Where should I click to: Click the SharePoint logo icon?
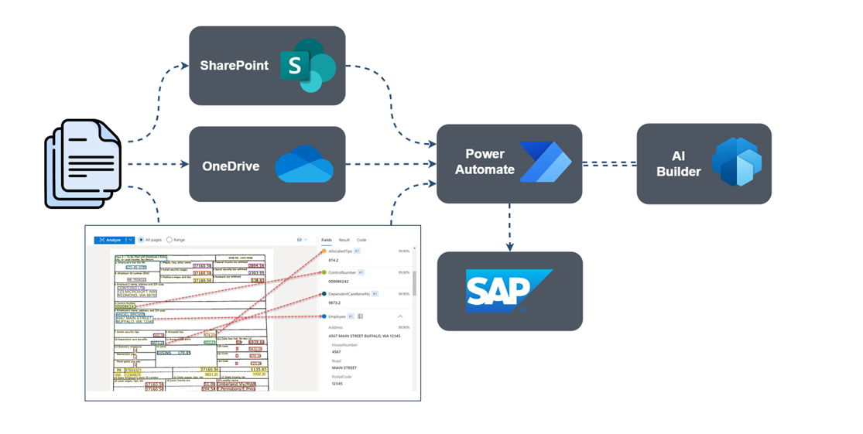point(307,66)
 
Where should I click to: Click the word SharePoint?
point(234,66)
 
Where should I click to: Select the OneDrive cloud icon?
point(304,165)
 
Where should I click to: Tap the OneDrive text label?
point(231,166)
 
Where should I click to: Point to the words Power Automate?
point(485,162)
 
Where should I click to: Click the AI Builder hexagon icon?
point(737,162)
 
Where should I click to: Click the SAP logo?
point(509,291)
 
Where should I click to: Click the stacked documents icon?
point(83,163)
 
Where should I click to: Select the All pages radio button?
point(141,240)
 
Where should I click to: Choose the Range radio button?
point(170,240)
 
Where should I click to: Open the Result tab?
point(344,240)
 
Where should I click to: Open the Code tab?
point(361,240)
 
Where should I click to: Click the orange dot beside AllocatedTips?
point(324,251)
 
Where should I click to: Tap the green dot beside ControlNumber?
point(324,272)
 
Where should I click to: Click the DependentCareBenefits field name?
point(349,294)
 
